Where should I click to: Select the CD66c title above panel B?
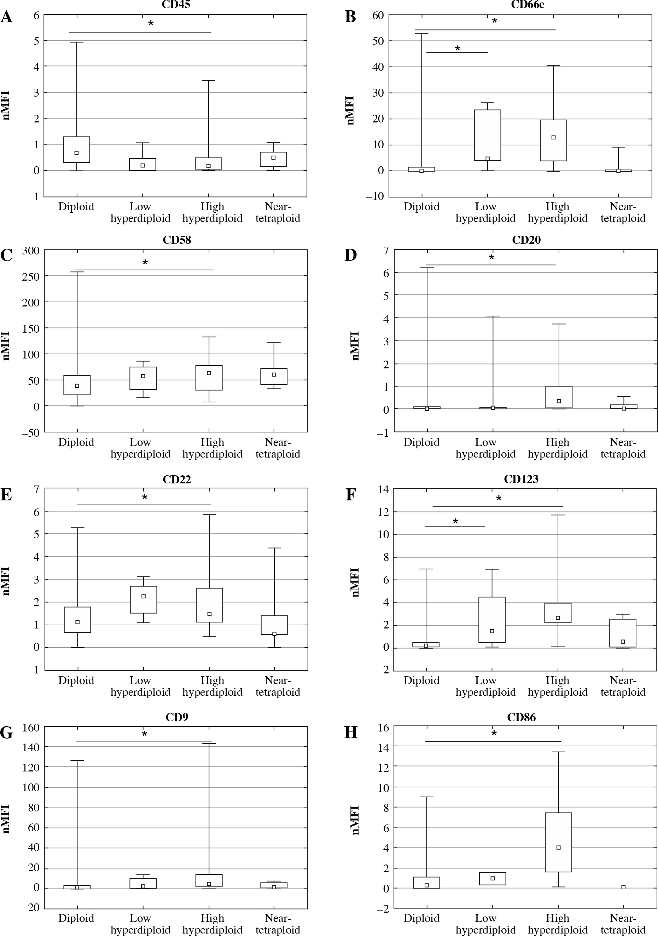[527, 5]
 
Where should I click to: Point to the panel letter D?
[351, 255]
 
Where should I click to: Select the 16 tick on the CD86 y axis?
[383, 727]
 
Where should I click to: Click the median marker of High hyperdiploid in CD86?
[559, 848]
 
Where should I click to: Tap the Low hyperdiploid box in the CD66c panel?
[488, 134]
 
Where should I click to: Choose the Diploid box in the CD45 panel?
[77, 149]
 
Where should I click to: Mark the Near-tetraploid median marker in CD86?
[623, 887]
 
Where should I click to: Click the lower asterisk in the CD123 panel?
[455, 521]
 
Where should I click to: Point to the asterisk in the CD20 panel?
[491, 258]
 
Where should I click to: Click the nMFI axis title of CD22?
[6, 581]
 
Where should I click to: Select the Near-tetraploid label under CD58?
[278, 448]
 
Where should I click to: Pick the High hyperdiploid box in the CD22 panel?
[209, 605]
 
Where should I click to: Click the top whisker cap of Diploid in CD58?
[77, 272]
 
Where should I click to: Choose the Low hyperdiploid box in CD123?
[492, 620]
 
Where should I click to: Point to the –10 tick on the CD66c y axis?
[375, 196]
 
